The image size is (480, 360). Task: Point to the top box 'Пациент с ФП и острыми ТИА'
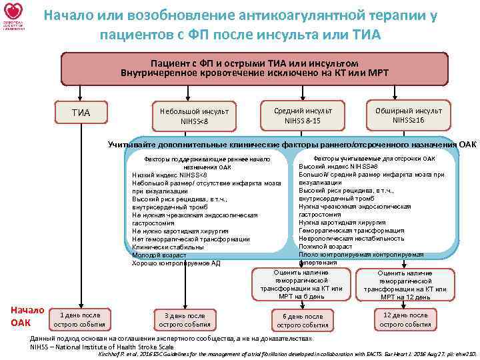[x=254, y=67]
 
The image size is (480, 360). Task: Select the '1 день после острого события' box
[x=80, y=319]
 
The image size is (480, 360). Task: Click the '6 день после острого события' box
[x=302, y=321]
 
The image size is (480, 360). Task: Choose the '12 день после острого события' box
[x=405, y=319]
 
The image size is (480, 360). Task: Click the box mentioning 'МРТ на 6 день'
[x=301, y=284]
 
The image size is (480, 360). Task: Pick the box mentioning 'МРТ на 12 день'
[x=405, y=285]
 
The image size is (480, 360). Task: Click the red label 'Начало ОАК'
[x=27, y=316]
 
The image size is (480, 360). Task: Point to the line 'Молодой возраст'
[x=159, y=255]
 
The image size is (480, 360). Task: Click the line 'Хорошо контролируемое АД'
[x=176, y=263]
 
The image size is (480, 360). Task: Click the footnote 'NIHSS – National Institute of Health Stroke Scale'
[x=102, y=347]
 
